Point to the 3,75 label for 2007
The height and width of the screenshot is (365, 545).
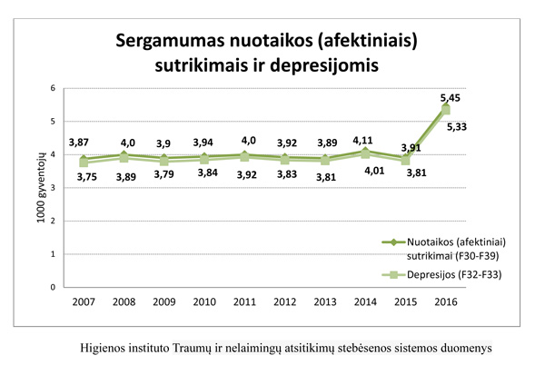[x=84, y=177]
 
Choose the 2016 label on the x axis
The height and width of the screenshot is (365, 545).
[x=445, y=301]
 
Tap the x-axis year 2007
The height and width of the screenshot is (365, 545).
[x=84, y=301]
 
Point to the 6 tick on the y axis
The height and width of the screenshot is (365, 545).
[x=54, y=88]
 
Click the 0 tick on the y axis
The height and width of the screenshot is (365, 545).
[x=54, y=288]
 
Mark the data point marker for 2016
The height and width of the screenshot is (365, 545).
[x=445, y=109]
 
